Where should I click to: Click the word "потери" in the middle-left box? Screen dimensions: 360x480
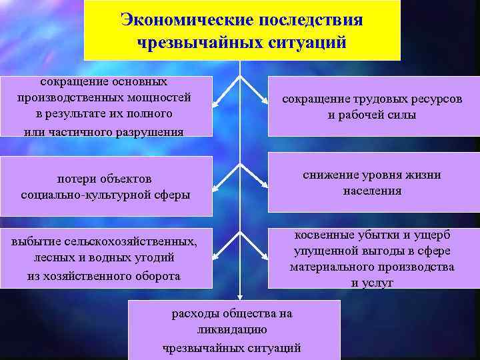coord(79,179)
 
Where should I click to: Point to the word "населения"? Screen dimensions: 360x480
coord(372,191)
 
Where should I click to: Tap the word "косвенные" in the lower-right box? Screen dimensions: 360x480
coord(323,235)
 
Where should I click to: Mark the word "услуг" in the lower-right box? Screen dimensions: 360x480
coord(379,283)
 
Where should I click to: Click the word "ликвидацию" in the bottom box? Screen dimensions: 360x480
coord(232,329)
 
